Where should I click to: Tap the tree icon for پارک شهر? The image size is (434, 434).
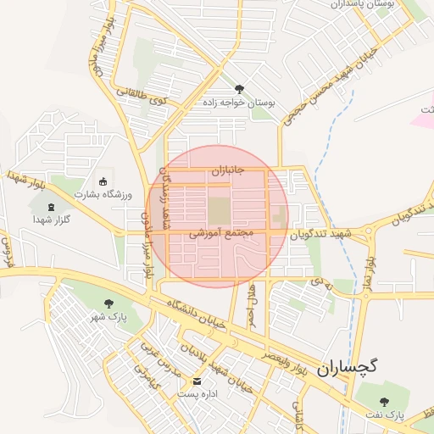108,303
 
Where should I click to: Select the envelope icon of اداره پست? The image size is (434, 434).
197,381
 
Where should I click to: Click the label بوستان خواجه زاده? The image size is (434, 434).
239,102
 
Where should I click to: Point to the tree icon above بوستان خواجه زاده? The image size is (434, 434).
239,88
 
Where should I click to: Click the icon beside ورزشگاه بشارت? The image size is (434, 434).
103,181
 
